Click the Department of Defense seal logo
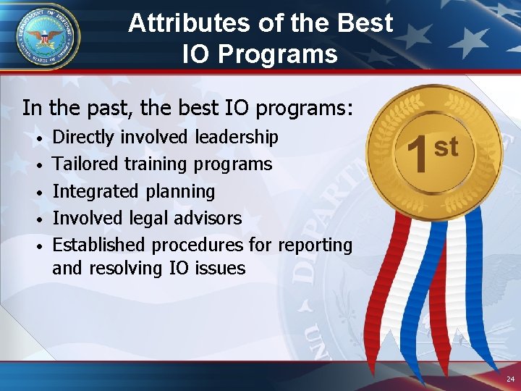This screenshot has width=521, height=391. click(47, 36)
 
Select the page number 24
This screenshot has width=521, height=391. click(510, 379)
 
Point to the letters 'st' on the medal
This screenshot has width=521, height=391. click(446, 146)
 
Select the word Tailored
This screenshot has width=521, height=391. click(86, 164)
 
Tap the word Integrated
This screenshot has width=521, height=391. click(96, 192)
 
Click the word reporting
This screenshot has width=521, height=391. click(316, 245)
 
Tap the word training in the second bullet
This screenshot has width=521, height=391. click(156, 164)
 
